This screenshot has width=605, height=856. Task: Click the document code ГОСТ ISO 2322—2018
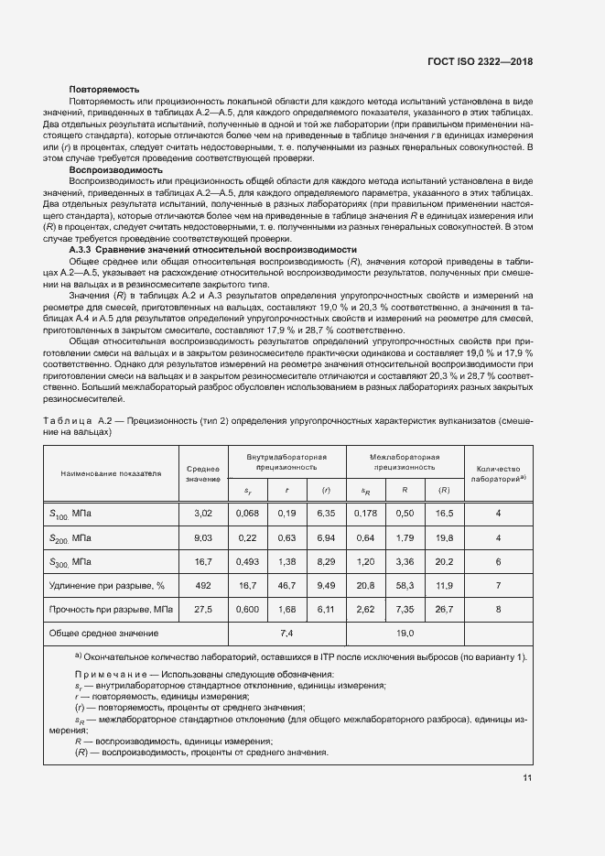coord(480,62)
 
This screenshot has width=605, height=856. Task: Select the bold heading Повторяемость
coord(104,90)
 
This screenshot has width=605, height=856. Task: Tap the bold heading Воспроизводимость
coord(115,170)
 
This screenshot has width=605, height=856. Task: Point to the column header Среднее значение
coord(202,472)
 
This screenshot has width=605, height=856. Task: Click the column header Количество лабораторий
coord(498,472)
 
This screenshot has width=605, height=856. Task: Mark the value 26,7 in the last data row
coord(445,609)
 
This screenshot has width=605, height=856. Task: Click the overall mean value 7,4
coord(286,633)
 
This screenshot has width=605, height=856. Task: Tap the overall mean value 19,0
coord(405,633)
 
